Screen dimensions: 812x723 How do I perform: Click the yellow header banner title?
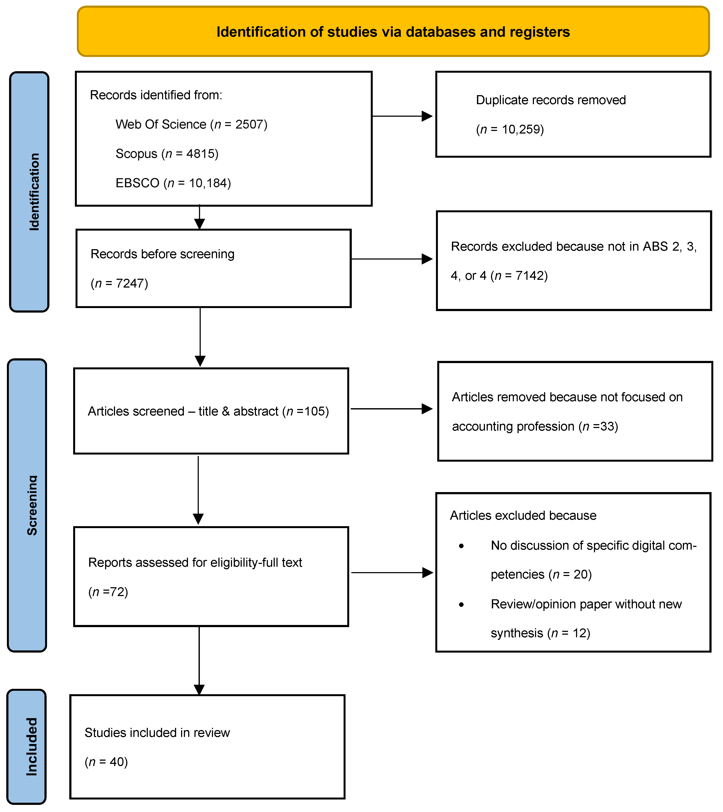393,32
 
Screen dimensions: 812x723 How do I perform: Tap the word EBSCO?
137,183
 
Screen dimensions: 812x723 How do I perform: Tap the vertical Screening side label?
32,505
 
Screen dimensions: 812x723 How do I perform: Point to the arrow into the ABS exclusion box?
426,259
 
